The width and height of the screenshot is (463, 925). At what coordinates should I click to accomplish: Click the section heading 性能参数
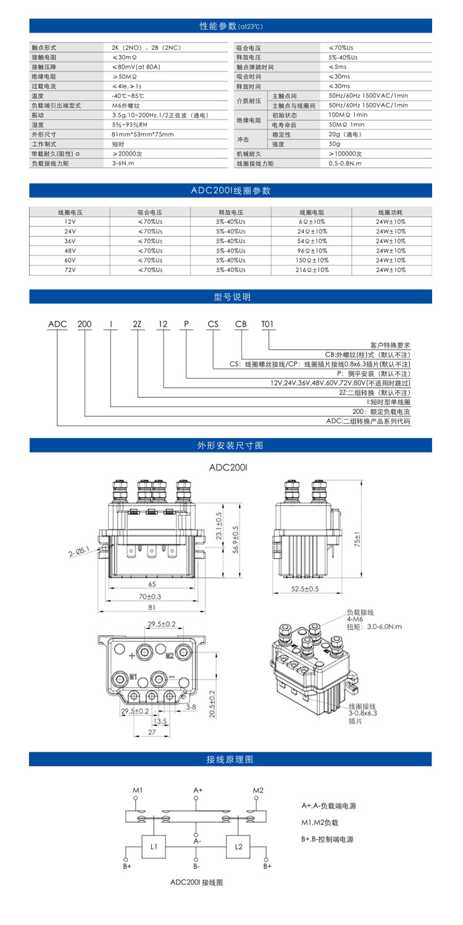pos(231,26)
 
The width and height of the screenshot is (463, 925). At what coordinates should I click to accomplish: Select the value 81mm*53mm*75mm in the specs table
pos(143,134)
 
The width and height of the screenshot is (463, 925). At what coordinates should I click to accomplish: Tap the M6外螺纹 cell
pos(127,105)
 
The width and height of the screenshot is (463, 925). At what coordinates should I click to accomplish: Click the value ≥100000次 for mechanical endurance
pos(345,154)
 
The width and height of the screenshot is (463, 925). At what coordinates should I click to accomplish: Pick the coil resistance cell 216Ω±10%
pos(311,270)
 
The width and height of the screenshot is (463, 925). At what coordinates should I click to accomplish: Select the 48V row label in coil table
pos(70,250)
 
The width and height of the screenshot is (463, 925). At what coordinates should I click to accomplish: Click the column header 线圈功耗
pos(391,212)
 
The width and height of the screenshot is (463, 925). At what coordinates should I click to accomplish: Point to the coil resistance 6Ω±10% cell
pos(311,221)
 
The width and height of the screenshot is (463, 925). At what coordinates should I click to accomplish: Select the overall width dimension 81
pos(151,608)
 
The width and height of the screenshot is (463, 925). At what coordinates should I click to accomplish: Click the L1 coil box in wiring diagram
pos(154,847)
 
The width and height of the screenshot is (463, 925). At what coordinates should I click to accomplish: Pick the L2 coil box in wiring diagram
pos(239,847)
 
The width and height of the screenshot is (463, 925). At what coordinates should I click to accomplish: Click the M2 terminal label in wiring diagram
pos(258,790)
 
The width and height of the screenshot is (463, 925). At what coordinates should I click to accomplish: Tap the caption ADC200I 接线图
pos(196,882)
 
